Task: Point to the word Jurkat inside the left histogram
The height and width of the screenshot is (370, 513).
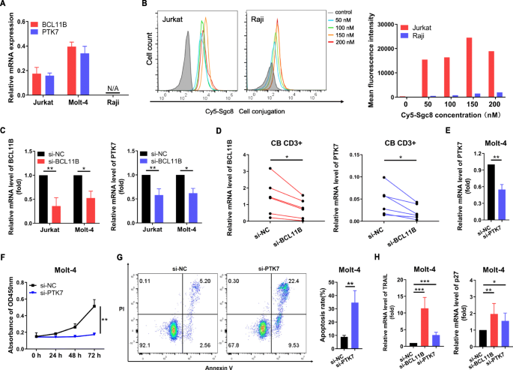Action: (177, 16)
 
